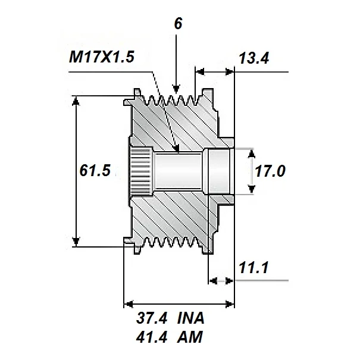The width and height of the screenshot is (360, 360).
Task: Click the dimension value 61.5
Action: tap(95, 171)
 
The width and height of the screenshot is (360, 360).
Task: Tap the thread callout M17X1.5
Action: tap(101, 57)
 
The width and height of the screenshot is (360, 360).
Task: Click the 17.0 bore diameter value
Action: tap(270, 171)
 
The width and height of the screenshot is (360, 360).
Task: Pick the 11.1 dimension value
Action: tap(253, 268)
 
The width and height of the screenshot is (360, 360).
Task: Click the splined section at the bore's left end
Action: tap(140, 171)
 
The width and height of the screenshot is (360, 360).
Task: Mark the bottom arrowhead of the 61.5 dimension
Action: tap(76, 241)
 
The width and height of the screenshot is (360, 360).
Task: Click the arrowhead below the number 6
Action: tap(176, 87)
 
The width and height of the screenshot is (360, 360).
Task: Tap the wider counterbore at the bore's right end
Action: tap(217, 171)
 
